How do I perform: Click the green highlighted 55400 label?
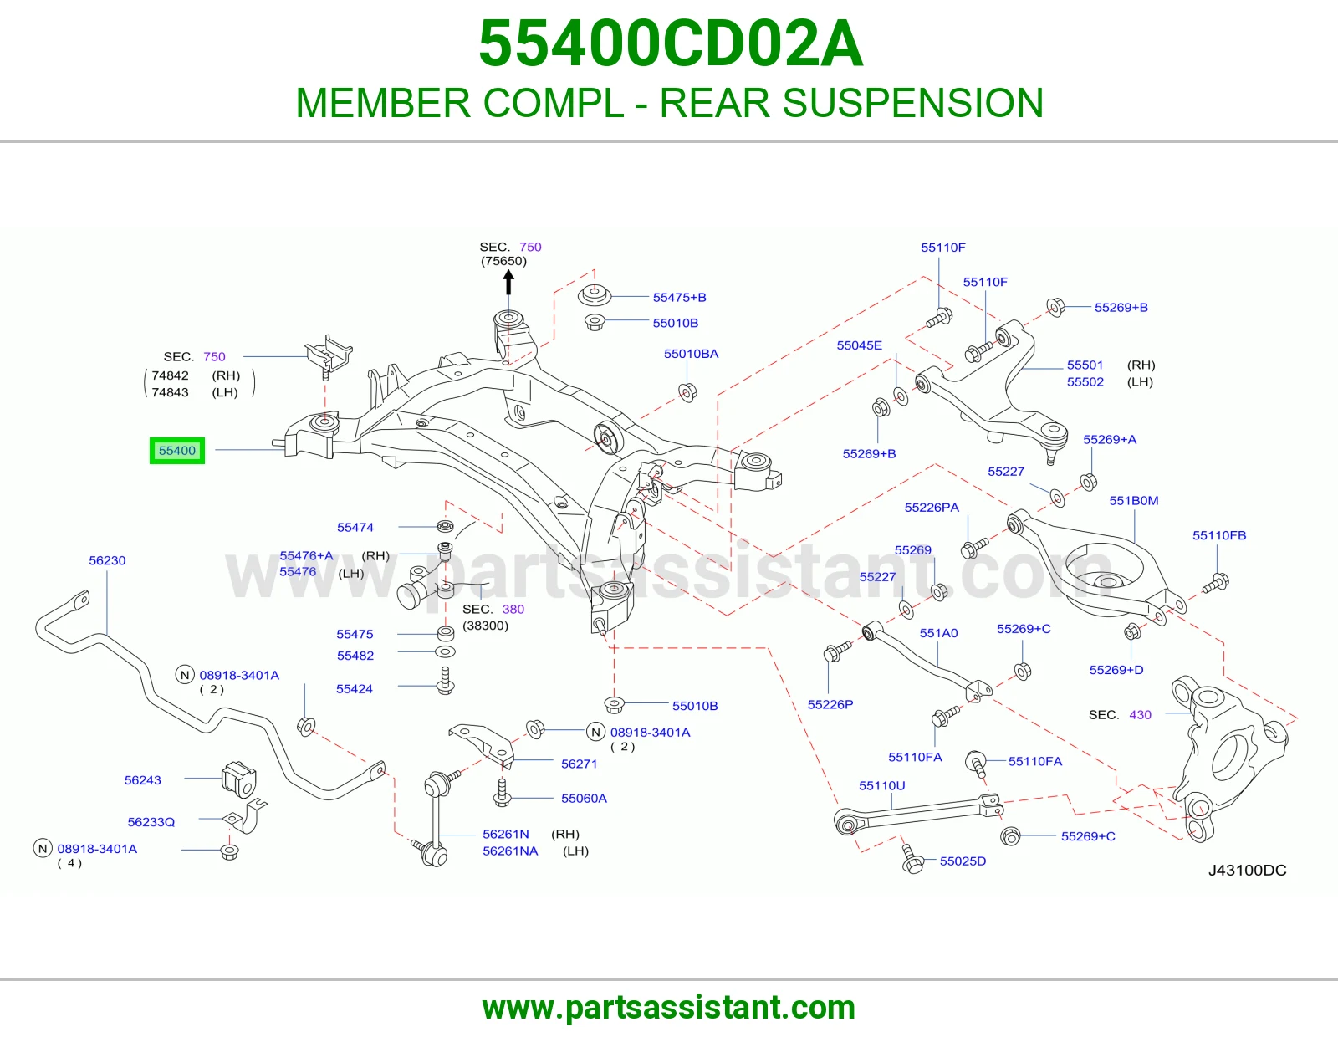coord(177,450)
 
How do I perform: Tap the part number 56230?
coord(107,560)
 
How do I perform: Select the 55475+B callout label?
coord(679,298)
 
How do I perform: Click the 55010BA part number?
coord(691,354)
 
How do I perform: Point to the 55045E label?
coord(859,345)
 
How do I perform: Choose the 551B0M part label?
coord(1134,501)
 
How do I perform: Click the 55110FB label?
coord(1219,535)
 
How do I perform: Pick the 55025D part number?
coord(963,861)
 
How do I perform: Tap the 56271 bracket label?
coord(579,764)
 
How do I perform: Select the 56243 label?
coord(142,780)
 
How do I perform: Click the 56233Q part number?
coord(151,822)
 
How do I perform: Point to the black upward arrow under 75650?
coord(508,284)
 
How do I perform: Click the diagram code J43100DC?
coord(1247,870)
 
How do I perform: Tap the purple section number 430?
coord(1140,715)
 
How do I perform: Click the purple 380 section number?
coord(513,609)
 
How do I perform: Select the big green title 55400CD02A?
coord(671,43)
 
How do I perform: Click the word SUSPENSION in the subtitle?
coord(912,102)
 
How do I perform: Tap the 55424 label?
coord(354,689)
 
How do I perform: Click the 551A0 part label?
coord(938,633)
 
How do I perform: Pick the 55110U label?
coord(881,786)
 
